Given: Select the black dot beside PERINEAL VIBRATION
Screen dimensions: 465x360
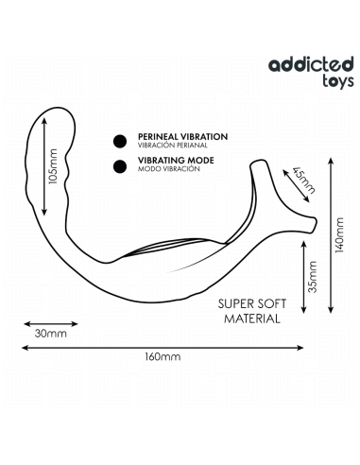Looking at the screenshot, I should coord(120,142).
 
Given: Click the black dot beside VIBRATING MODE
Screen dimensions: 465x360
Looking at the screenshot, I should coord(120,167).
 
